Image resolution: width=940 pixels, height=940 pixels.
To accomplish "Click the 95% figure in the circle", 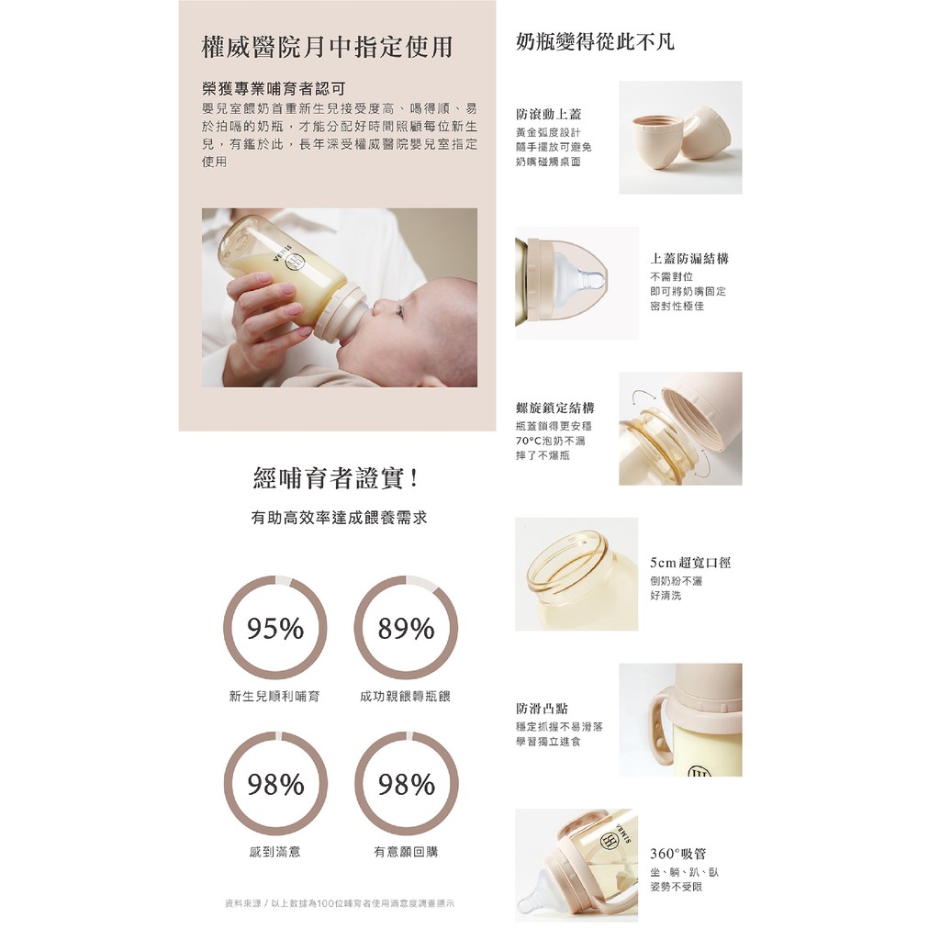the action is tap(275, 628).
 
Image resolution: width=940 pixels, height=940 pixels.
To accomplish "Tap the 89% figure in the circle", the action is tap(406, 628).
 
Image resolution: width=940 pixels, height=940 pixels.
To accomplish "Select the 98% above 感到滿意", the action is tap(275, 784).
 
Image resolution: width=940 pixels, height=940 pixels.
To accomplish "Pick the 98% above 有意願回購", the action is tap(406, 784).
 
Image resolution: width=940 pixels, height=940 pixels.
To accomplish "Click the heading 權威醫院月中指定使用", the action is tap(328, 47).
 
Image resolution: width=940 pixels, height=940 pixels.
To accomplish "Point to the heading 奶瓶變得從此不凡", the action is tap(595, 41).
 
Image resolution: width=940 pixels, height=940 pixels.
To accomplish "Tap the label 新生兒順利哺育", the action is tap(274, 696).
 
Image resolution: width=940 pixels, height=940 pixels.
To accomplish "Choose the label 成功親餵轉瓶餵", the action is tap(405, 696).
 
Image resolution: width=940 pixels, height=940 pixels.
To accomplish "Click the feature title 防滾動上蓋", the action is tap(549, 114).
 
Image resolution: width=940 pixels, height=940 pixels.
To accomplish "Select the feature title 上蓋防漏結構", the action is tap(689, 258).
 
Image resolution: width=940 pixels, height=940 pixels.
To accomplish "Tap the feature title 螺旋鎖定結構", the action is tap(555, 408).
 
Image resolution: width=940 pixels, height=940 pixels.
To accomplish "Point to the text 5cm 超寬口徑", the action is tap(690, 563).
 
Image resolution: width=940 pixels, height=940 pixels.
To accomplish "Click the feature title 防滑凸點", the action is tap(542, 709).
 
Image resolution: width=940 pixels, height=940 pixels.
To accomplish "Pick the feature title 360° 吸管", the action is tap(678, 854).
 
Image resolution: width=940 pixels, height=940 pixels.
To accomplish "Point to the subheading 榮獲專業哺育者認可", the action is tap(274, 89).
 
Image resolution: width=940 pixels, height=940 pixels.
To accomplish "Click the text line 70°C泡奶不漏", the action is tap(551, 441).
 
